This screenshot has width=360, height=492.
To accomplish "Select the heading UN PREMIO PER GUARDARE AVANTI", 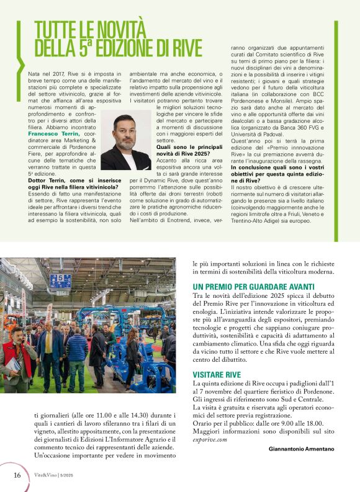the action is click(x=245, y=287).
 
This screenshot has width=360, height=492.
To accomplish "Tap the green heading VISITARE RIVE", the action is click(x=217, y=375).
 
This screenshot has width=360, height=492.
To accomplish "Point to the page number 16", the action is click(x=17, y=475).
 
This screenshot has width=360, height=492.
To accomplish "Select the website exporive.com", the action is click(x=210, y=439).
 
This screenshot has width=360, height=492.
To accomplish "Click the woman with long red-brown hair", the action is click(x=133, y=354).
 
